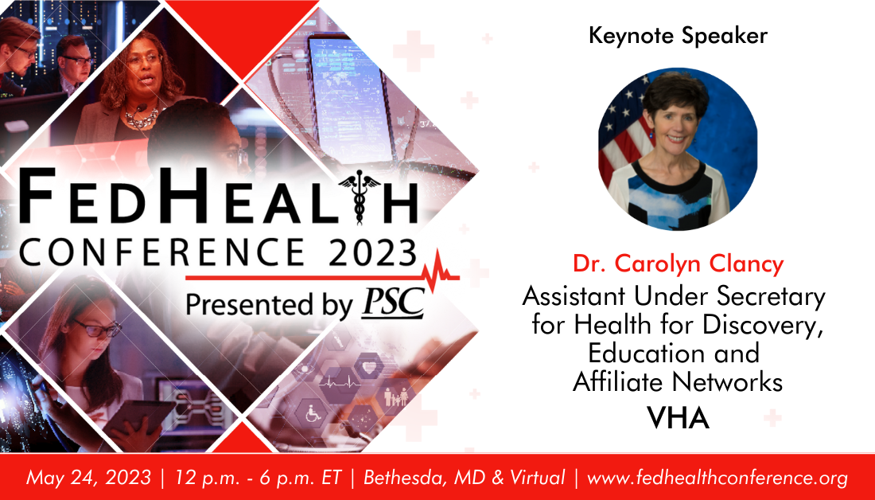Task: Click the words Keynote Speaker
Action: pyautogui.click(x=678, y=37)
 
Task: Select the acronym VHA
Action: pyautogui.click(x=678, y=419)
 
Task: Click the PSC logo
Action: pyautogui.click(x=394, y=303)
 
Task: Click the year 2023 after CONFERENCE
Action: pyautogui.click(x=372, y=252)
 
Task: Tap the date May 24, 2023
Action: pyautogui.click(x=88, y=479)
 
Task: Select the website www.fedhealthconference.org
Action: pyautogui.click(x=717, y=479)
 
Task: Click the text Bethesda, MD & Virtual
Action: pyautogui.click(x=465, y=478)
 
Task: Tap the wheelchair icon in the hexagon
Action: pyautogui.click(x=314, y=414)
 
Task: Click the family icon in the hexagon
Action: pyautogui.click(x=396, y=396)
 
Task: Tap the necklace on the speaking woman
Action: pyautogui.click(x=141, y=117)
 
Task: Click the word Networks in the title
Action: pyautogui.click(x=727, y=382)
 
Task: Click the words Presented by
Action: pyautogui.click(x=270, y=306)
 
